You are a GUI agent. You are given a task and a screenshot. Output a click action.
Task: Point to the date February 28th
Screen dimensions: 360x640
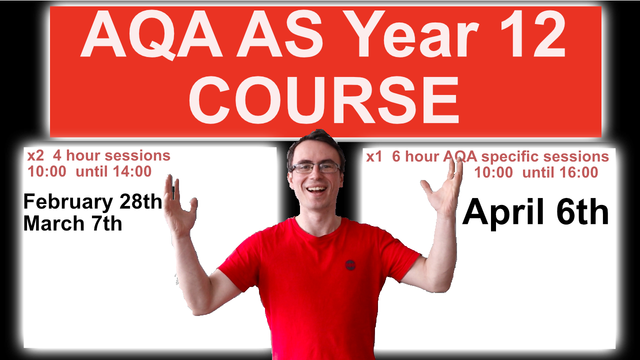93,202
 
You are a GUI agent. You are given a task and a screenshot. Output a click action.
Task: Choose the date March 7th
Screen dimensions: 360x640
73,223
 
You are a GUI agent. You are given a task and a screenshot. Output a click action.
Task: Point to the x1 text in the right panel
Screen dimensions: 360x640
375,156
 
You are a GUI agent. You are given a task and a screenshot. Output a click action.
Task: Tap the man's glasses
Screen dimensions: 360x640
315,167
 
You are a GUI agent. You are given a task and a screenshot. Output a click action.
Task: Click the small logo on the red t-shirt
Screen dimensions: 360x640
350,264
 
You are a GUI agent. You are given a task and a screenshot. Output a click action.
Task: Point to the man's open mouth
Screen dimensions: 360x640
316,190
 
